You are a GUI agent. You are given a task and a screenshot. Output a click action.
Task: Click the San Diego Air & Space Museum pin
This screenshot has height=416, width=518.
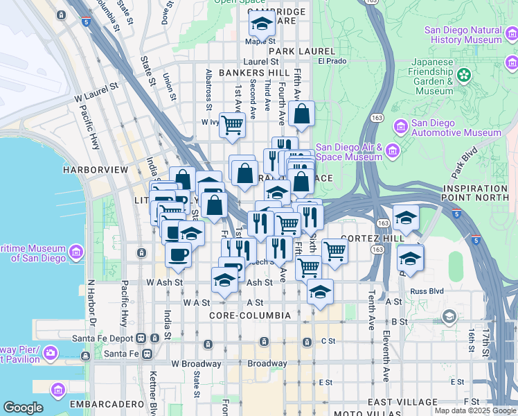pyautogui.click(x=393, y=151)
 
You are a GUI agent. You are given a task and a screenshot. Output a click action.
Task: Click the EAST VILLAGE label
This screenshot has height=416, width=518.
pyautogui.click(x=402, y=402)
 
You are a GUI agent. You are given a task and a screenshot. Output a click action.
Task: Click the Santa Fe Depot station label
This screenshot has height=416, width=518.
pyautogui.click(x=104, y=339)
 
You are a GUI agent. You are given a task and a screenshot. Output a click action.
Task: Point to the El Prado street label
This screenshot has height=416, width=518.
pyautogui.click(x=331, y=61)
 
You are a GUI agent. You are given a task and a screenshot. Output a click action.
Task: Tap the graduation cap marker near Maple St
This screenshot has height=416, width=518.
pyautogui.click(x=262, y=26)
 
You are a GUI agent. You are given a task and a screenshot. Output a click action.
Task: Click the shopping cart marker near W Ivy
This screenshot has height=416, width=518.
pyautogui.click(x=233, y=125)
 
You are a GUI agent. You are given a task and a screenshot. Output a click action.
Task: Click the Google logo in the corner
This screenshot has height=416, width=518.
pyautogui.click(x=23, y=408)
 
